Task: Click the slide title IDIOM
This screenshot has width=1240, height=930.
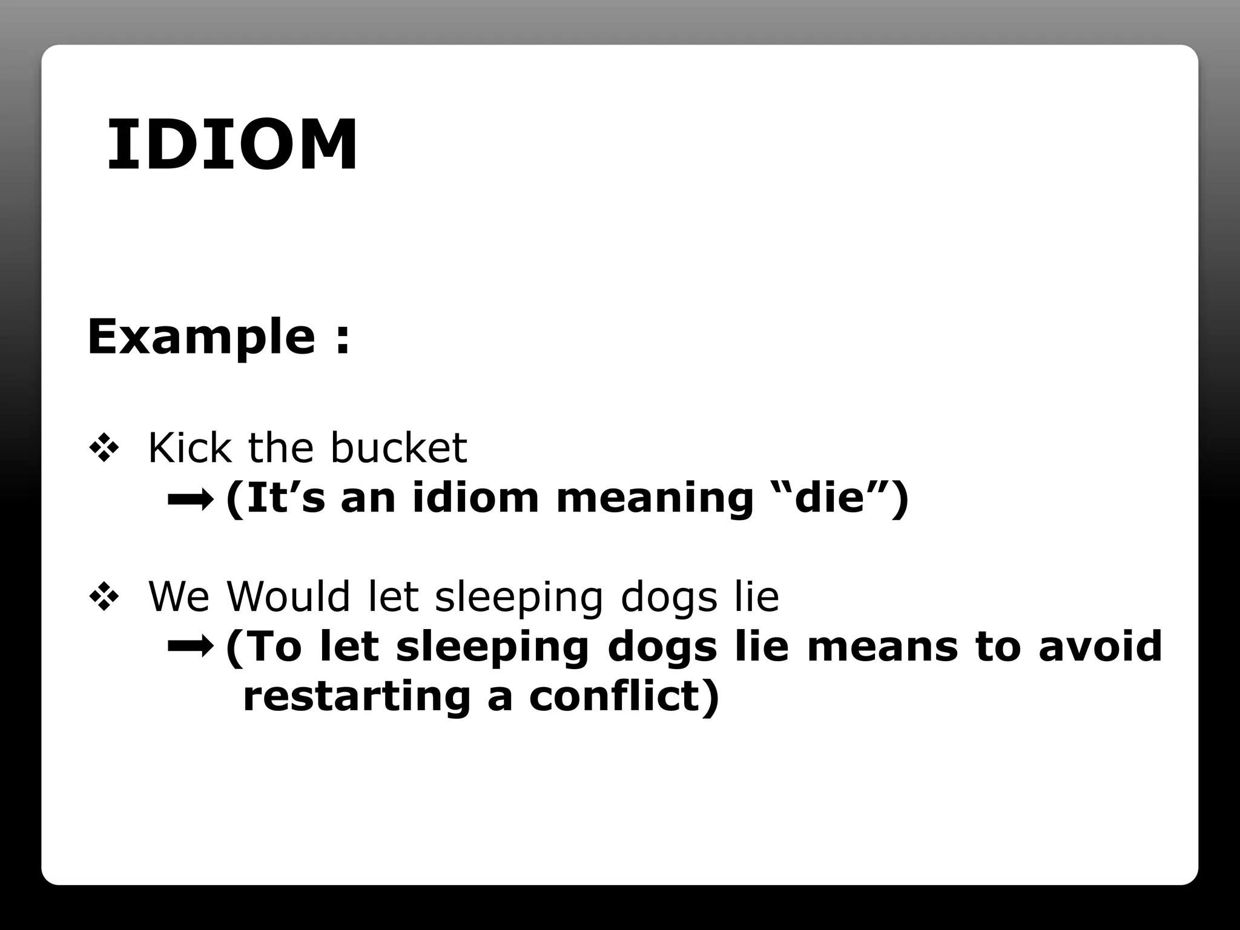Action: [x=232, y=145]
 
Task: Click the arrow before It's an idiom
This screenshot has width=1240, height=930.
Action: [x=190, y=500]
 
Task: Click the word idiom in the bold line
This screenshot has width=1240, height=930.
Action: [x=475, y=498]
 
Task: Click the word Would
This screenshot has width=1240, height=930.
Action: [x=288, y=597]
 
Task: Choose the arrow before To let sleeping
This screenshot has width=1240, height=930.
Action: [x=190, y=647]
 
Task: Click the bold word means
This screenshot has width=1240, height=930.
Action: [x=882, y=647]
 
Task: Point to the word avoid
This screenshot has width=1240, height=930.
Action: [x=1100, y=647]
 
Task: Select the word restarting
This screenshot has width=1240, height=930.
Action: [x=357, y=696]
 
